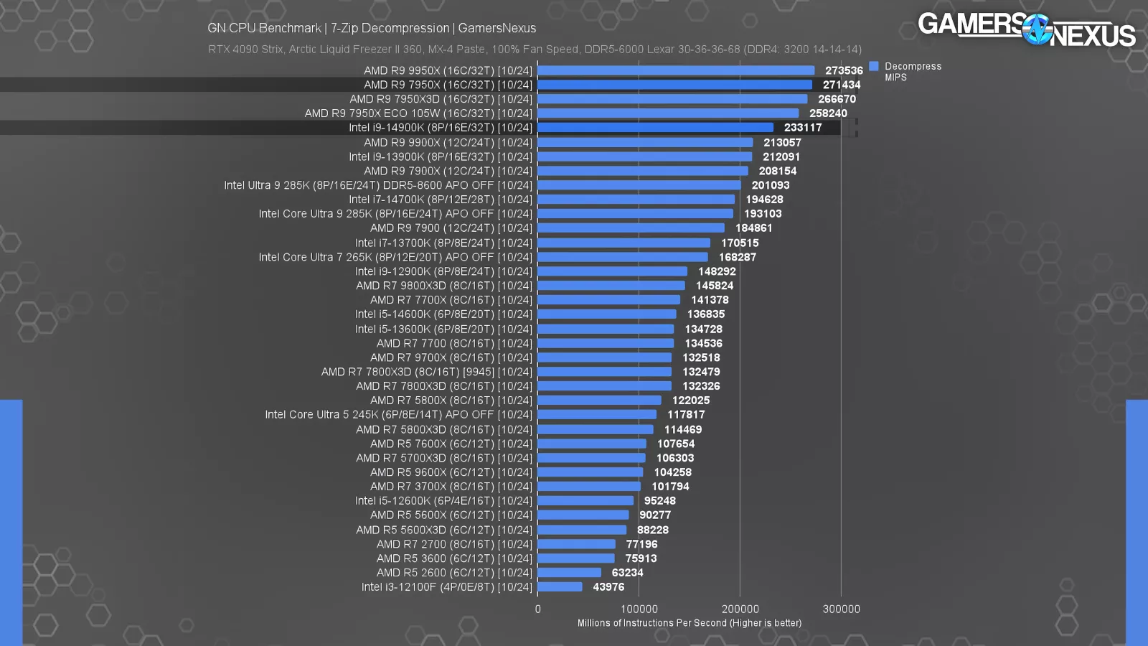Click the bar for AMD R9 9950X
coord(676,70)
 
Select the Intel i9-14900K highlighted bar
coord(655,128)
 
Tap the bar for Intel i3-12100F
coord(560,587)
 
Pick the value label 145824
coord(714,286)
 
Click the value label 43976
coord(608,587)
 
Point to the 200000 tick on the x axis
coord(740,609)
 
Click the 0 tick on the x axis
coord(538,609)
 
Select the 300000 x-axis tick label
coord(841,609)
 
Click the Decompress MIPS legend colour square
coord(874,66)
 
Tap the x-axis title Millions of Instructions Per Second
coord(689,623)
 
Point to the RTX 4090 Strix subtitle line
coord(535,50)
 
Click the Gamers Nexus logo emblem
coord(1037,30)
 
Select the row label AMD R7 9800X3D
coord(444,286)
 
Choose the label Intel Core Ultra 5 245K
coord(398,415)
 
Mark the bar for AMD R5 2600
coord(569,573)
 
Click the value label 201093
coord(770,185)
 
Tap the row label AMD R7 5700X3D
coord(444,458)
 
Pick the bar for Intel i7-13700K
coord(624,243)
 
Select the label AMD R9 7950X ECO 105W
coord(418,113)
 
